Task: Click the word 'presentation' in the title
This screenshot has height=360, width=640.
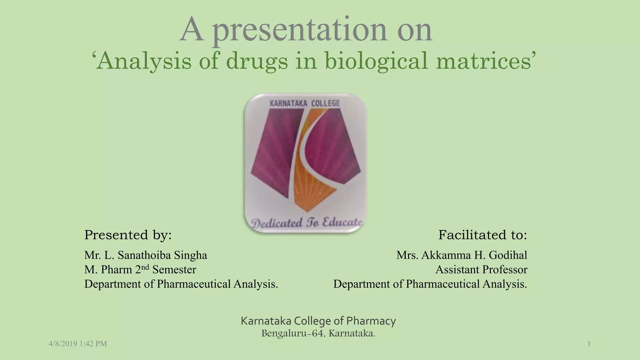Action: tap(300, 31)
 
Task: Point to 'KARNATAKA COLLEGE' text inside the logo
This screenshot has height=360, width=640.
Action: tap(304, 103)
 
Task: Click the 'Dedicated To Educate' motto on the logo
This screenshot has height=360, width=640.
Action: tap(307, 223)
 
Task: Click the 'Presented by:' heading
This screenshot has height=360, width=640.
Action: tap(128, 235)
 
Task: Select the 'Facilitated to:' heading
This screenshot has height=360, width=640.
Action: tap(482, 235)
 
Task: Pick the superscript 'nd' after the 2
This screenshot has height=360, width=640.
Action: tap(145, 267)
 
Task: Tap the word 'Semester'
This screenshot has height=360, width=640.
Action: tap(174, 270)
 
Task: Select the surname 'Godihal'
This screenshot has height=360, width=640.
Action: tap(508, 255)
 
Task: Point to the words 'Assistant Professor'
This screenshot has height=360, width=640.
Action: tap(481, 270)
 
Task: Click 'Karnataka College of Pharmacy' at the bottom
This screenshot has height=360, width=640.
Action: tap(318, 321)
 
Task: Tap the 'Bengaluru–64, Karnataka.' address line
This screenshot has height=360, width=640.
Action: tap(318, 333)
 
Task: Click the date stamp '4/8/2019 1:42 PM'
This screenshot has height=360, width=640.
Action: tap(78, 344)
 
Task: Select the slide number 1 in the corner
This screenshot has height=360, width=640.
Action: tap(589, 344)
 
